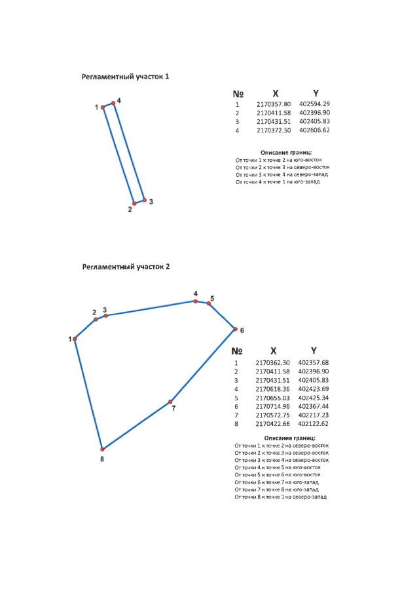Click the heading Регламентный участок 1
click(126, 77)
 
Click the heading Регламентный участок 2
click(126, 267)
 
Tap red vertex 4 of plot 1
click(113, 103)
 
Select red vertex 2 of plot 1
click(134, 203)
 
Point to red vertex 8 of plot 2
click(102, 449)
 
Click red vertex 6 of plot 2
click(234, 328)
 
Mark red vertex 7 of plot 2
click(170, 401)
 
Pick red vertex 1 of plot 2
click(75, 339)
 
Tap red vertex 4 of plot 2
click(195, 301)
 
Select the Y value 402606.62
click(314, 130)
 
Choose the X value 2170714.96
click(272, 406)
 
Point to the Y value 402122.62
click(313, 423)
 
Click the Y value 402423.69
click(313, 389)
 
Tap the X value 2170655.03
click(272, 397)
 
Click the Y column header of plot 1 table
click(316, 93)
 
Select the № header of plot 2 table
click(238, 351)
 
